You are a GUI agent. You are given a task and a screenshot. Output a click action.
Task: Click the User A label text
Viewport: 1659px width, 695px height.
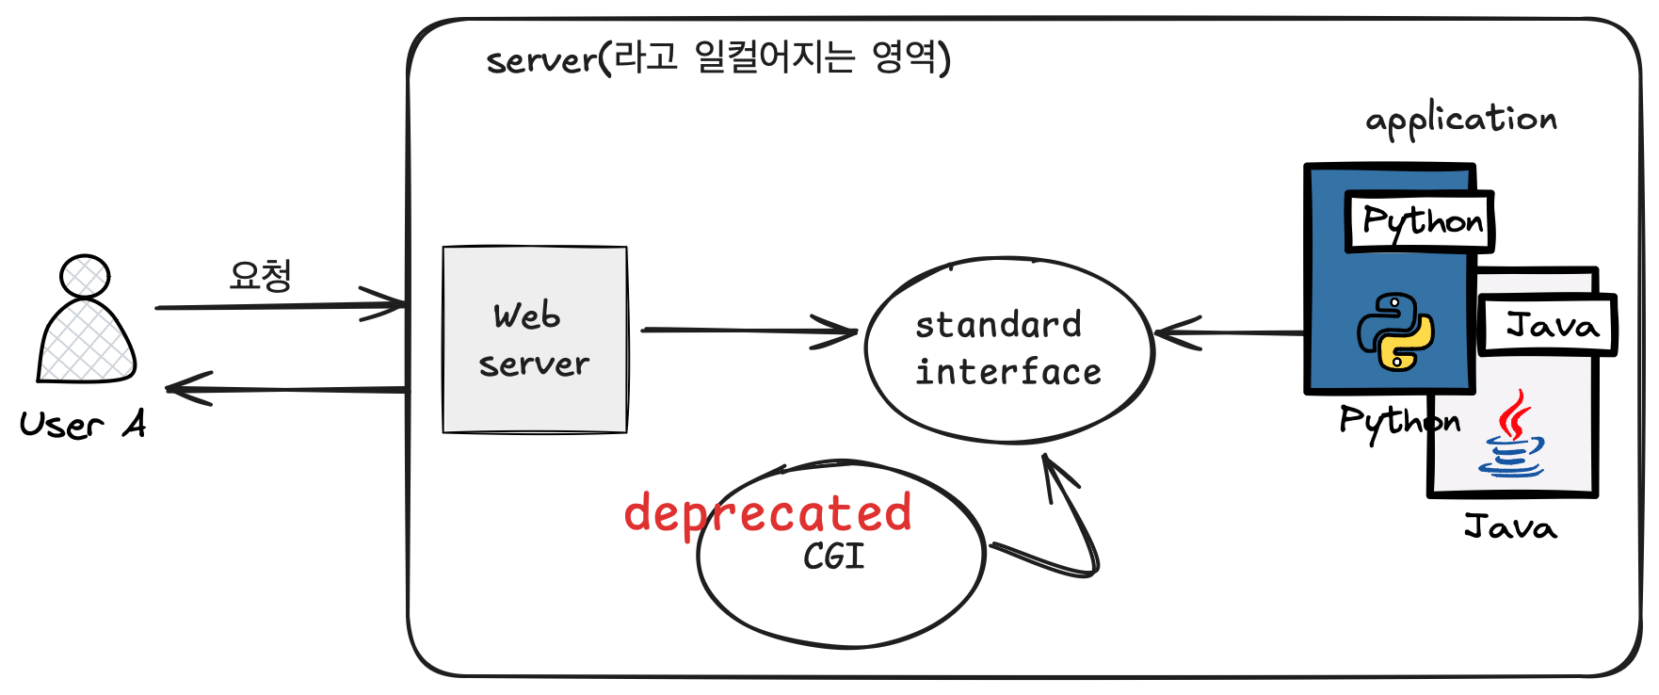click(x=83, y=425)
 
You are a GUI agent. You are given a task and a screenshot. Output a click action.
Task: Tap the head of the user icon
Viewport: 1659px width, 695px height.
click(x=85, y=276)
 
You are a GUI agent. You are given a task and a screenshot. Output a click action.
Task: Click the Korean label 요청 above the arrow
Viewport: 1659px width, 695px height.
click(x=261, y=275)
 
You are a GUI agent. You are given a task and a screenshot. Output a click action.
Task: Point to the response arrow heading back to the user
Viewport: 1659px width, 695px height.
click(x=282, y=388)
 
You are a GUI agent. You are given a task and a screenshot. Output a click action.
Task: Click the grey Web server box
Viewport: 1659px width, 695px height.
click(x=535, y=339)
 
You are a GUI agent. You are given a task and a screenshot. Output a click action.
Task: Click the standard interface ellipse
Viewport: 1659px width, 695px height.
click(x=1008, y=349)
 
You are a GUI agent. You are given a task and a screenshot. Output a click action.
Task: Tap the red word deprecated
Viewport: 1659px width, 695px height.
click(x=767, y=513)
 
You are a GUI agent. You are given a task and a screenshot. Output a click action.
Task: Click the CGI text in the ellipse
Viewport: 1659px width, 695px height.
click(x=833, y=557)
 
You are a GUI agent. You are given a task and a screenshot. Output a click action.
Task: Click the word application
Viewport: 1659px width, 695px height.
click(x=1460, y=120)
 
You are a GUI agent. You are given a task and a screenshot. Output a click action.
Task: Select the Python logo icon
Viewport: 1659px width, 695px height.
click(x=1394, y=331)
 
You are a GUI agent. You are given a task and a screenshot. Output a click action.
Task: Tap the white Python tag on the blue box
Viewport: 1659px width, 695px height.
click(x=1421, y=222)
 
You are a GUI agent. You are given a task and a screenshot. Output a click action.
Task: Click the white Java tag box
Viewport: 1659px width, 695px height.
click(x=1549, y=326)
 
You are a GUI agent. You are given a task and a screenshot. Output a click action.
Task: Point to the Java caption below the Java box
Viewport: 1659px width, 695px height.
click(x=1510, y=526)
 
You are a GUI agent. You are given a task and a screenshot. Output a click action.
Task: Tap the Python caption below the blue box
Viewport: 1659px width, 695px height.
click(x=1399, y=421)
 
